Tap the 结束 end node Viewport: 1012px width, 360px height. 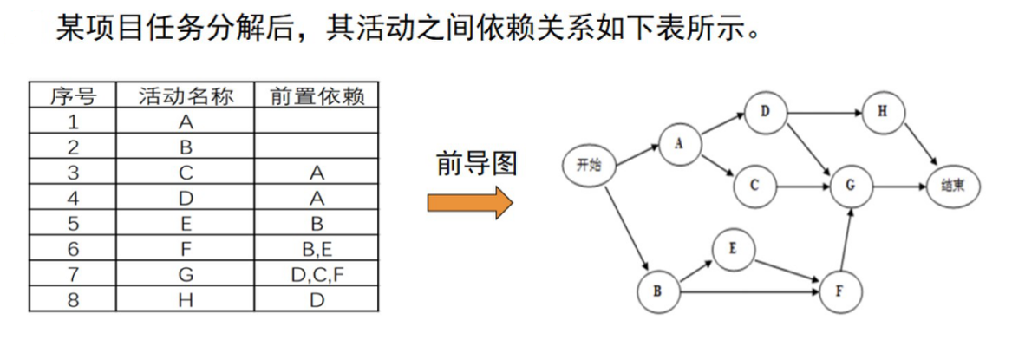(x=952, y=185)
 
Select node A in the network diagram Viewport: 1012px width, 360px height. (x=678, y=144)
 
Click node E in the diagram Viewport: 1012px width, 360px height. (x=732, y=249)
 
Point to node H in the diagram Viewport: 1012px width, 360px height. (x=882, y=112)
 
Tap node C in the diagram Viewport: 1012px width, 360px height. (x=754, y=185)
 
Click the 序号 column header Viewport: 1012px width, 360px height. (x=72, y=95)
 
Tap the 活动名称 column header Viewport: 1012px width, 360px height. (x=186, y=95)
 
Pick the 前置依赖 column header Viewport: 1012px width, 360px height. (x=317, y=95)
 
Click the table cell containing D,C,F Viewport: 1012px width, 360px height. (x=317, y=274)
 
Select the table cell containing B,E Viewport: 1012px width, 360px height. (x=317, y=249)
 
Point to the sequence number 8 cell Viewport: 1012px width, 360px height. (x=72, y=299)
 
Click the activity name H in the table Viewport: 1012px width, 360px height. (x=186, y=299)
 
